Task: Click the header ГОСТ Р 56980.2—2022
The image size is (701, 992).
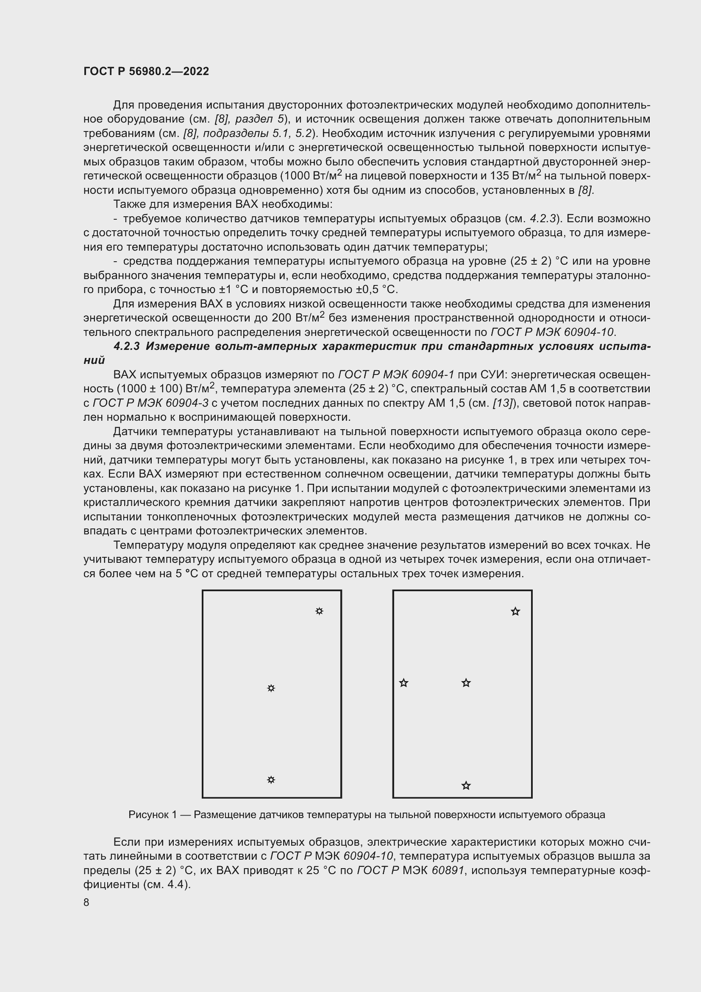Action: (x=146, y=71)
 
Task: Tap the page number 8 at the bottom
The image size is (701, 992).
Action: (x=86, y=902)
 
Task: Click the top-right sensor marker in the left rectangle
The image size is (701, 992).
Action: (x=319, y=611)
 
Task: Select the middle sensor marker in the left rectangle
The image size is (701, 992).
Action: (x=271, y=688)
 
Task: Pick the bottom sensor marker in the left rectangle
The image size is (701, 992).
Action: (x=271, y=780)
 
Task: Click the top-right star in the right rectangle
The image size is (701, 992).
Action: (x=515, y=612)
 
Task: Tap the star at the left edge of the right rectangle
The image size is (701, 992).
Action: (x=403, y=683)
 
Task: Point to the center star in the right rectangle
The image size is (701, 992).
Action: (x=466, y=683)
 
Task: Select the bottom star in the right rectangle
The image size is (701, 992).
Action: (x=466, y=785)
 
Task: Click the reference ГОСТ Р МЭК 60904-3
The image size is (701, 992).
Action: (x=150, y=403)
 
